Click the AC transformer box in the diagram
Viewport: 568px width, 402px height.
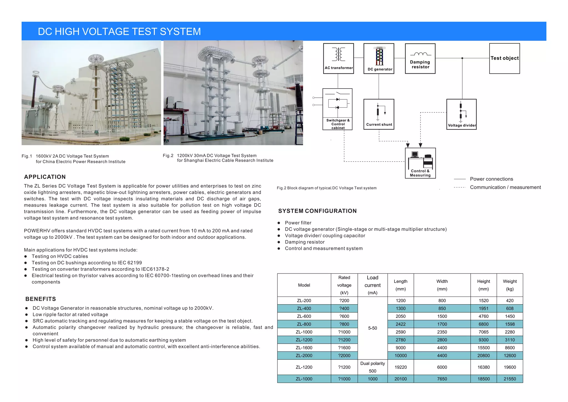[338, 59]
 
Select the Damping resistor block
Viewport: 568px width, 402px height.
[420, 59]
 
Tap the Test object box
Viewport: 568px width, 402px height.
[504, 58]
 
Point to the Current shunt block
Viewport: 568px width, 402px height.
[379, 114]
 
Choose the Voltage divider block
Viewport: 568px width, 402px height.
[461, 114]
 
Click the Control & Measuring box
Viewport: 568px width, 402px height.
[420, 163]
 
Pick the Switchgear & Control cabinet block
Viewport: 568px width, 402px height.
[338, 109]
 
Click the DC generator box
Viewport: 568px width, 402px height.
[379, 59]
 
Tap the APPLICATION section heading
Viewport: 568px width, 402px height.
[45, 177]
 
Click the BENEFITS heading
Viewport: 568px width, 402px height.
[41, 299]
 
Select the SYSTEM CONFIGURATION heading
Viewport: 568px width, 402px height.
[317, 211]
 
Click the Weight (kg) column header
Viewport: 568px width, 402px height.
[509, 285]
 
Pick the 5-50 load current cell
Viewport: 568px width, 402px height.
[372, 328]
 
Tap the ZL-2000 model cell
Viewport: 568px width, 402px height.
[304, 356]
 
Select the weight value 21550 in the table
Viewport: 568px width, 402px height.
[509, 379]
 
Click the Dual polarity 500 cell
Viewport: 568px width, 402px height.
[372, 367]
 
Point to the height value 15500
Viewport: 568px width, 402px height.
[483, 348]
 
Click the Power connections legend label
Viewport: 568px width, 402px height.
[491, 179]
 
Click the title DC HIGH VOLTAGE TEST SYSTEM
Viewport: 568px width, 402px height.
[119, 32]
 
